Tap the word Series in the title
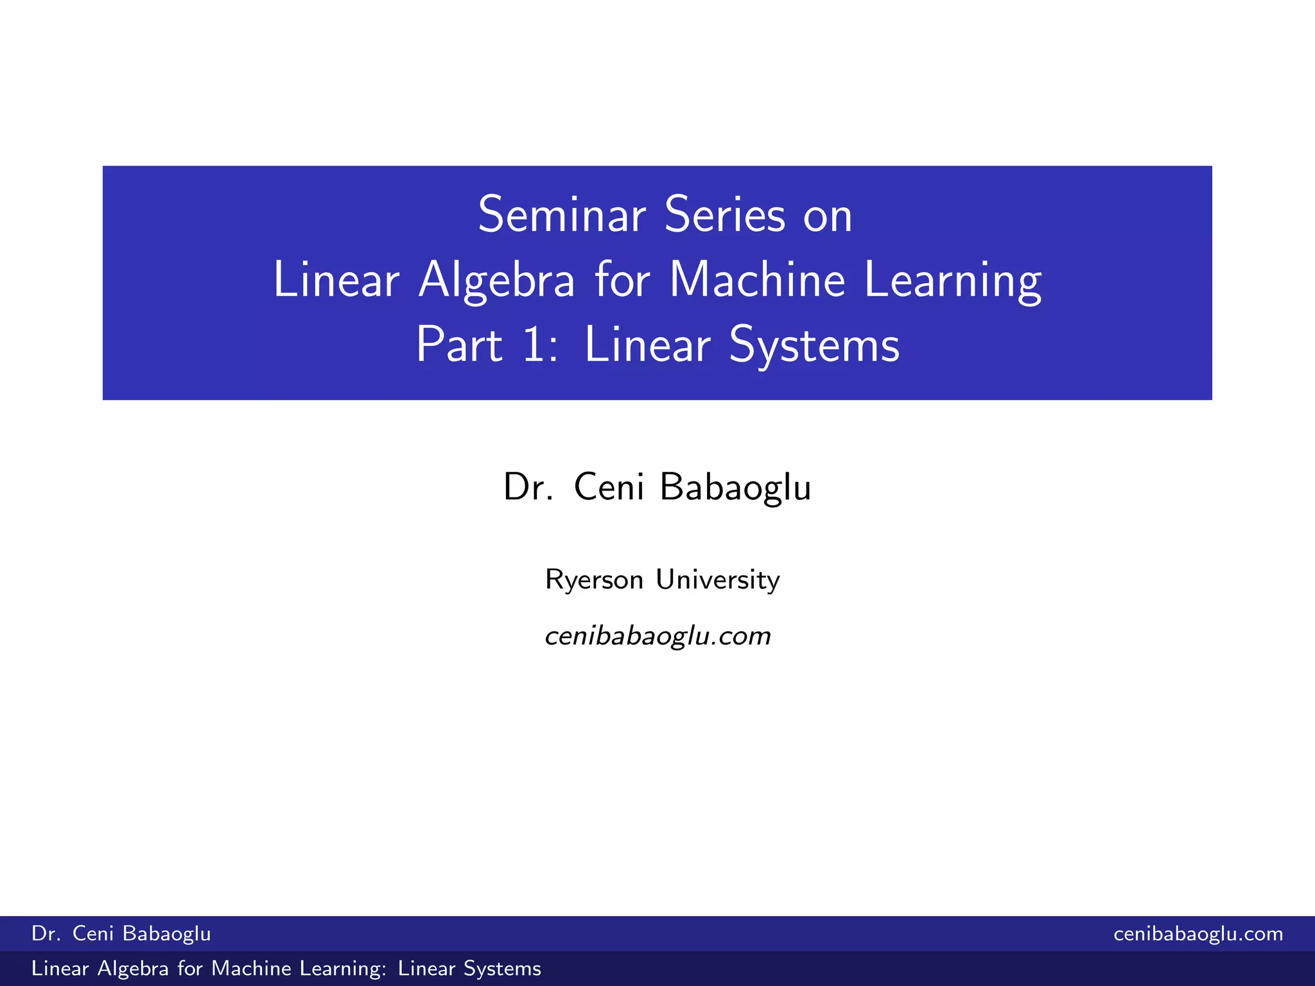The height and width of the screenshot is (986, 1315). click(x=725, y=215)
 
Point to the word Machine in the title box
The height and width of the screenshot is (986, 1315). click(x=757, y=281)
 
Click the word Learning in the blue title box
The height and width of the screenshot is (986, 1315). click(x=953, y=281)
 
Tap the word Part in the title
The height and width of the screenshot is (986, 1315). click(x=458, y=345)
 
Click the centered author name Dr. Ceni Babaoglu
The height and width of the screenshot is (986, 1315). click(x=657, y=487)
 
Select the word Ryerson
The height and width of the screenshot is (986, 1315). click(x=594, y=580)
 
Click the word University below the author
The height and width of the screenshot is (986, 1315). click(x=717, y=580)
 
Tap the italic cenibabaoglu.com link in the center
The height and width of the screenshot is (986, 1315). click(x=657, y=636)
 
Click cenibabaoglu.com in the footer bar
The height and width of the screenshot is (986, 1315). click(x=1198, y=933)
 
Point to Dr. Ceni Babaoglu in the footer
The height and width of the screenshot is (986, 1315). click(x=121, y=933)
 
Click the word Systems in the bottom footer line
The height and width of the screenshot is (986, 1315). click(x=502, y=968)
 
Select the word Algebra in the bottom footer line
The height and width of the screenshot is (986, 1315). click(x=133, y=968)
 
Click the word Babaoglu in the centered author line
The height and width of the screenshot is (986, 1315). click(x=735, y=487)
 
